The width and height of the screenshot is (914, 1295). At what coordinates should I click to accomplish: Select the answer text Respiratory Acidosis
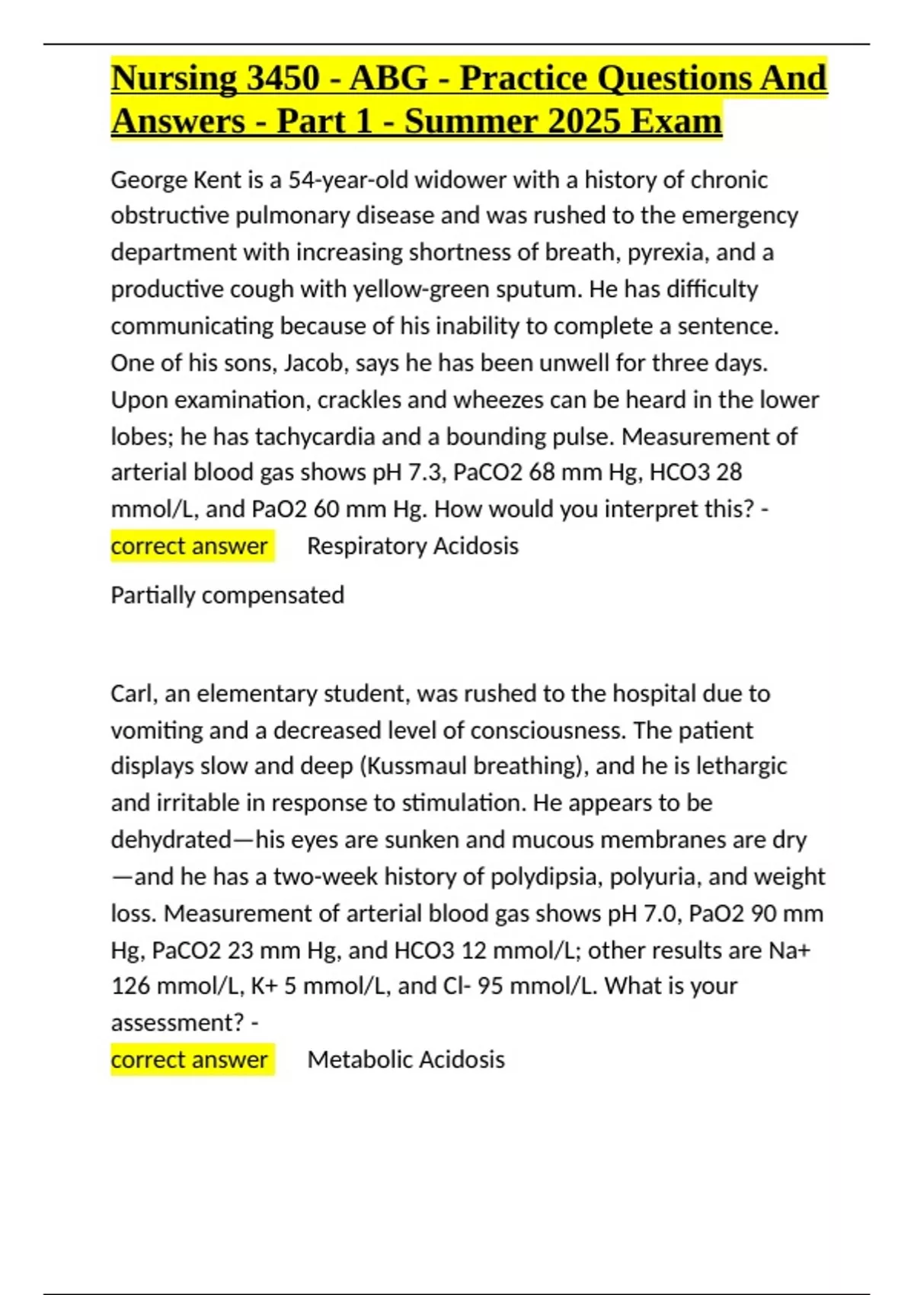coord(412,546)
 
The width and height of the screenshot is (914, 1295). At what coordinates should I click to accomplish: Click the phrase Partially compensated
coord(227,595)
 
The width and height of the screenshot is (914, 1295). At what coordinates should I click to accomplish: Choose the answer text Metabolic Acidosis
coord(405,1060)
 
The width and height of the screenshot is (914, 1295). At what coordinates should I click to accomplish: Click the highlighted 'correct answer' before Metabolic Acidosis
coord(189,1060)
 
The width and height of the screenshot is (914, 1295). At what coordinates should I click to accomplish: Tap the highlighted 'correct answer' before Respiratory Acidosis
coord(189,546)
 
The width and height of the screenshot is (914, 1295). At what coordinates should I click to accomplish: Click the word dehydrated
coord(171,839)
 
